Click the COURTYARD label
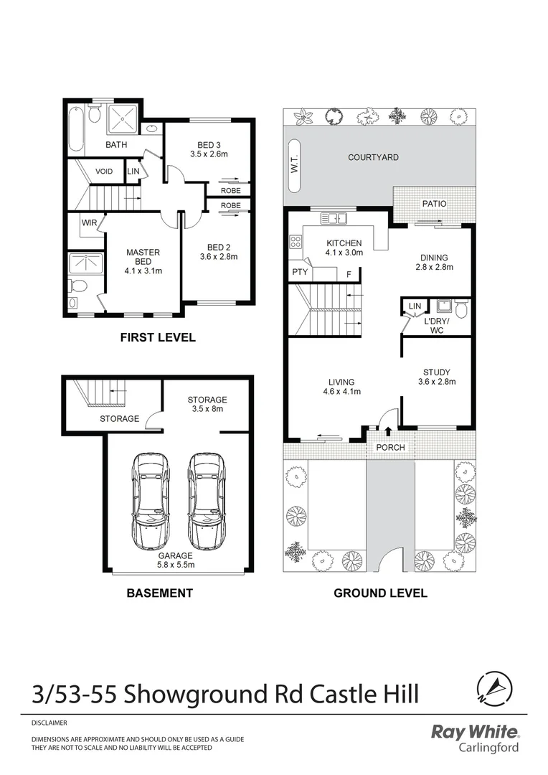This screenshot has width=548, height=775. (x=373, y=157)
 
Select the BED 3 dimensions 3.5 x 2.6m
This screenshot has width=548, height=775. (x=209, y=154)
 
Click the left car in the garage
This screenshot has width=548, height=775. (x=150, y=500)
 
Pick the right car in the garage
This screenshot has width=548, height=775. (x=205, y=500)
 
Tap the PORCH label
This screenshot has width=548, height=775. (x=390, y=447)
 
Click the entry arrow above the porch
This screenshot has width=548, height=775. (x=389, y=431)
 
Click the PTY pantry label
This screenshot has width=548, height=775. (x=300, y=273)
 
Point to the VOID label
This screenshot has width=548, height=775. (x=104, y=172)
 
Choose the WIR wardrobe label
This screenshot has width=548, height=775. (x=89, y=223)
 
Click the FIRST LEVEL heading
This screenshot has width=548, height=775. (x=157, y=337)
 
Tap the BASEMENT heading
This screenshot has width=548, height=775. (x=159, y=593)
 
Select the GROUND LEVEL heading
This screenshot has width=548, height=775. (x=380, y=593)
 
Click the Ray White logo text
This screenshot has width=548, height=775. (x=474, y=733)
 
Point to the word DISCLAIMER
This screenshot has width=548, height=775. (x=49, y=723)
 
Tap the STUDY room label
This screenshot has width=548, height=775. (x=436, y=372)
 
